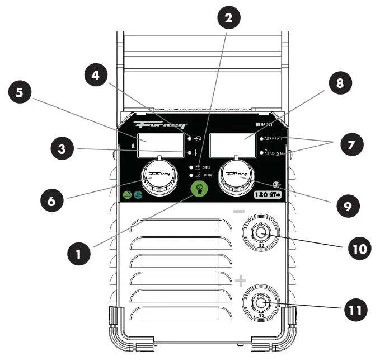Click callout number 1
[x=79, y=255]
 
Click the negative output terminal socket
[x=260, y=231]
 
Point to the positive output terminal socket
[x=260, y=303]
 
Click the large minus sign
[x=239, y=212]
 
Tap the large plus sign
[x=240, y=280]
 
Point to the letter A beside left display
[x=133, y=146]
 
